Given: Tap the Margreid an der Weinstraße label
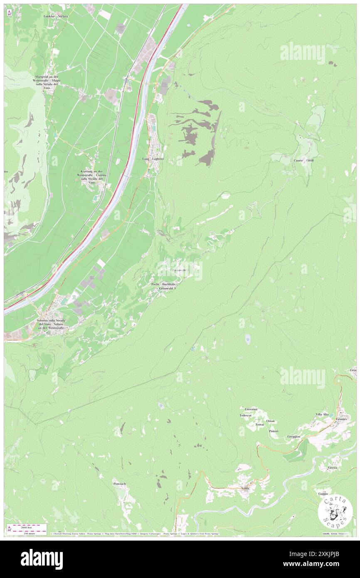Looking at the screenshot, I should click(x=49, y=81).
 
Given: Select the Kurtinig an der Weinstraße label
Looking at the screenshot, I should click(x=92, y=177).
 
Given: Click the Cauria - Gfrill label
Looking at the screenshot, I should click(x=303, y=161).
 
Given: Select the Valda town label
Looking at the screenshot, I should click(x=245, y=488).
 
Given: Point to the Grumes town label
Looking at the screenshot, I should click(x=342, y=419).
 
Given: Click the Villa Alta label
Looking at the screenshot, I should click(x=322, y=415).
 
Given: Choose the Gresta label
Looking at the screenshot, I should click(x=332, y=468).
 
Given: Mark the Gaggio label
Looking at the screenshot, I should click(x=323, y=494).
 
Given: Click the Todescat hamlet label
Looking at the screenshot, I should click(x=246, y=415).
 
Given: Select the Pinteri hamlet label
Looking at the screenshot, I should click(x=274, y=431).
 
